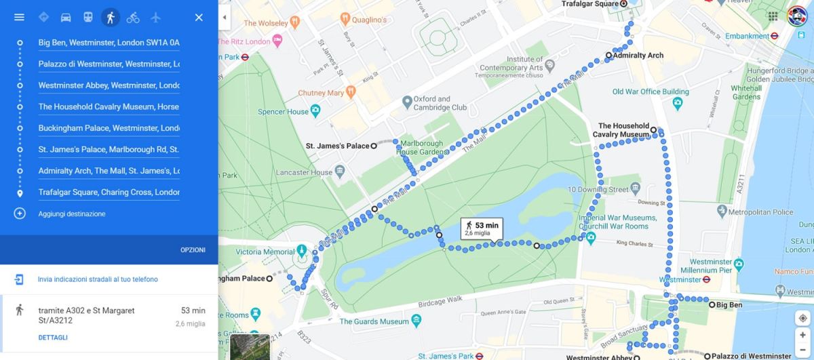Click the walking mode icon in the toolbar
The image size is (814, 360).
pyautogui.click(x=110, y=17)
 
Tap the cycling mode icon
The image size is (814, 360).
pyautogui.click(x=133, y=17)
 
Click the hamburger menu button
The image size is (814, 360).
pyautogui.click(x=19, y=17)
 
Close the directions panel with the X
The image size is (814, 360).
pyautogui.click(x=199, y=17)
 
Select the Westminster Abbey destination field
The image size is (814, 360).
pyautogui.click(x=109, y=85)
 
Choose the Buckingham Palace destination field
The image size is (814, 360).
pyautogui.click(x=109, y=128)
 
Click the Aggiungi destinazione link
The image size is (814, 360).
pyautogui.click(x=71, y=214)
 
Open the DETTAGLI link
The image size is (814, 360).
pyautogui.click(x=53, y=338)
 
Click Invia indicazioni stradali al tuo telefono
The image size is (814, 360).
pyautogui.click(x=98, y=279)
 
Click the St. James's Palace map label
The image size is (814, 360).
pyautogui.click(x=337, y=146)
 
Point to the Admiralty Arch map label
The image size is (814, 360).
pyautogui.click(x=638, y=56)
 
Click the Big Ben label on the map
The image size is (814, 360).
pyautogui.click(x=729, y=305)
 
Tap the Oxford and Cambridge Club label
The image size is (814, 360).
pyautogui.click(x=440, y=103)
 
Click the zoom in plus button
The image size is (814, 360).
pyautogui.click(x=802, y=335)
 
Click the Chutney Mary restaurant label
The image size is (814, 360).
pyautogui.click(x=321, y=93)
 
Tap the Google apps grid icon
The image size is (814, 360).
pyautogui.click(x=773, y=16)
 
